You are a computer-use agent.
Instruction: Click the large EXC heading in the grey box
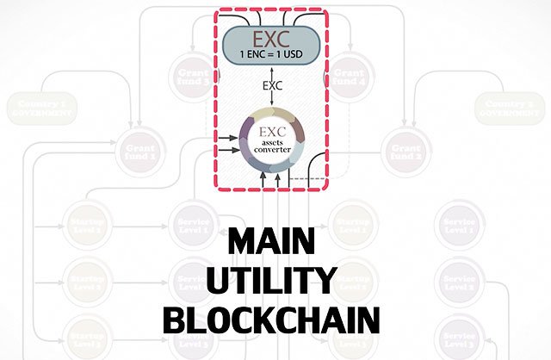tap(271, 39)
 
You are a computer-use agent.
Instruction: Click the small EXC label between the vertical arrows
tap(271, 87)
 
